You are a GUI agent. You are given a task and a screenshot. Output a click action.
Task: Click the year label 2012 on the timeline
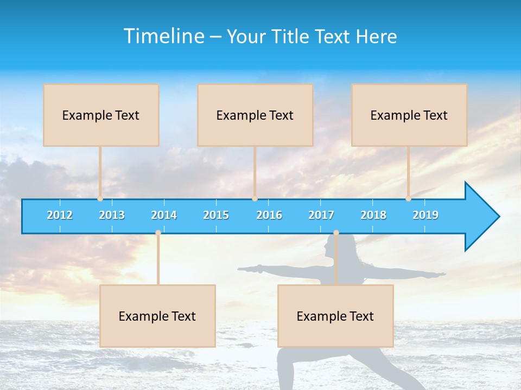[60, 215]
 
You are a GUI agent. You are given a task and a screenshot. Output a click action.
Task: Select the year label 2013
[112, 215]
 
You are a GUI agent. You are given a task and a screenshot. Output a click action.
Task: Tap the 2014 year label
[164, 215]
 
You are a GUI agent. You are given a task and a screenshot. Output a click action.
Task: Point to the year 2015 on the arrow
[216, 215]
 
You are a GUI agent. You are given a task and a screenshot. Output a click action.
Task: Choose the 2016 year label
[269, 215]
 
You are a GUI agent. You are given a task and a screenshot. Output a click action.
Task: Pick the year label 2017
[321, 215]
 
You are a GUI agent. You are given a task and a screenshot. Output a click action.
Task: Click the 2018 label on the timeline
[373, 215]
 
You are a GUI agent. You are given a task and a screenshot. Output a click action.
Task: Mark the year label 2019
[425, 215]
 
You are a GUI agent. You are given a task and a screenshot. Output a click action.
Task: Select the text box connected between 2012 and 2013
[101, 115]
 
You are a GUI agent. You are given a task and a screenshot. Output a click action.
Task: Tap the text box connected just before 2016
[255, 115]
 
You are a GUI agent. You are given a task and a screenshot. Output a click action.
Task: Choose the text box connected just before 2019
[409, 115]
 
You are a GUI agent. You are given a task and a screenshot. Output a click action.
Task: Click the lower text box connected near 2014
[157, 316]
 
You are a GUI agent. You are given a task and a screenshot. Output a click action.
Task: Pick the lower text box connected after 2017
[335, 316]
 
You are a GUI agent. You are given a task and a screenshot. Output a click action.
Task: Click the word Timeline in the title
[164, 36]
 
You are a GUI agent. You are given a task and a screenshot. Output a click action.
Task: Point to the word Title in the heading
[290, 37]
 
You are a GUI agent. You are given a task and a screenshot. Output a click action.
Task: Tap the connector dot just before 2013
[100, 199]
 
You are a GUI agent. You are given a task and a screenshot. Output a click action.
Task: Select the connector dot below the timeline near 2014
[158, 233]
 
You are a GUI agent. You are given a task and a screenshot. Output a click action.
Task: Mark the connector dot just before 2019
[408, 199]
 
